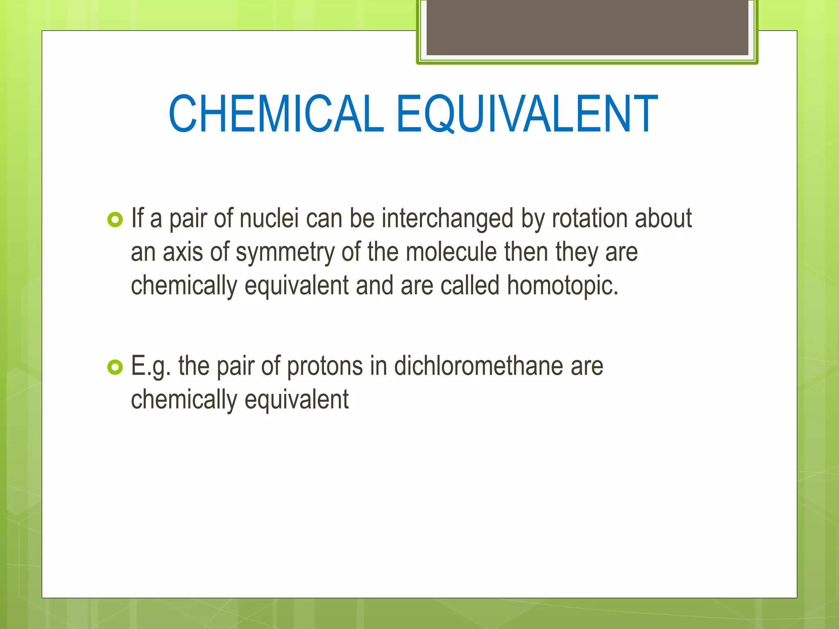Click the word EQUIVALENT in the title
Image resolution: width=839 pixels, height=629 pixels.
point(527,114)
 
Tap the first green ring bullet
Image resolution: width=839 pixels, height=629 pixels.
point(115,220)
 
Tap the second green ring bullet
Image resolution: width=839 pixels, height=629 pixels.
point(115,367)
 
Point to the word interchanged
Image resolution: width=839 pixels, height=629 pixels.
point(447,219)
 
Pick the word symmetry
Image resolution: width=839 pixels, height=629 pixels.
point(285,253)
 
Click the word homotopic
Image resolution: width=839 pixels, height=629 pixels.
point(562,286)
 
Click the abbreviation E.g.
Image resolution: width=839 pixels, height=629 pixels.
point(150,367)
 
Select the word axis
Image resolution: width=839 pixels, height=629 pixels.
point(183,252)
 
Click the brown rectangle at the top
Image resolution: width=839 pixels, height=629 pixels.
point(587,27)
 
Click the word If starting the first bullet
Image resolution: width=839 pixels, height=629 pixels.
point(137,218)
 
